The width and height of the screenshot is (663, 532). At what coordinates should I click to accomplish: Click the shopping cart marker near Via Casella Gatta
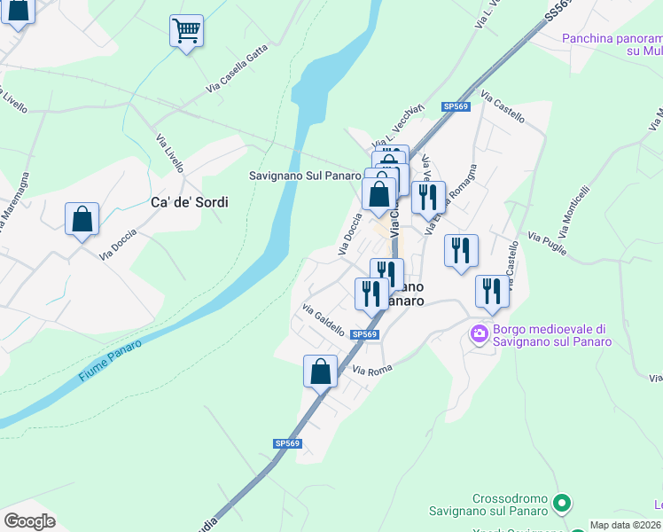pyautogui.click(x=186, y=31)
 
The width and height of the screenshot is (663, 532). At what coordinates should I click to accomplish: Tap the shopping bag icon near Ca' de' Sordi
pyautogui.click(x=82, y=219)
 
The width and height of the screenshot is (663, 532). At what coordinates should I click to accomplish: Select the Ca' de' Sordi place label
pyautogui.click(x=189, y=202)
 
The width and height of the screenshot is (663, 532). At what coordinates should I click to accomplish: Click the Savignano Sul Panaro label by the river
pyautogui.click(x=302, y=176)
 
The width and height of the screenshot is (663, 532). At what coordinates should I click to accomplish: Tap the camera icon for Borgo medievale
pyautogui.click(x=480, y=333)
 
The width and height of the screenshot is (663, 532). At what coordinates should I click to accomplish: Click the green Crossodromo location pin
pyautogui.click(x=560, y=504)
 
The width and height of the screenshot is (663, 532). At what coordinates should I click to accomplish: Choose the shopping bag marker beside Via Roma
pyautogui.click(x=320, y=372)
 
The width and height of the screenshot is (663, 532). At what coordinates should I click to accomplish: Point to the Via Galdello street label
pyautogui.click(x=324, y=319)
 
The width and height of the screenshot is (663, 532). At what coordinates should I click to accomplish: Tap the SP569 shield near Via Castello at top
pyautogui.click(x=456, y=106)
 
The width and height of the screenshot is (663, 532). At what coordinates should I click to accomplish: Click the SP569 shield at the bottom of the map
pyautogui.click(x=287, y=443)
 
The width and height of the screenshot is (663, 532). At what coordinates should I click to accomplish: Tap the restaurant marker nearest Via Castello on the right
pyautogui.click(x=492, y=292)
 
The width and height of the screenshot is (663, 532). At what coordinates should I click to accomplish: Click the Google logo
pyautogui.click(x=29, y=521)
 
